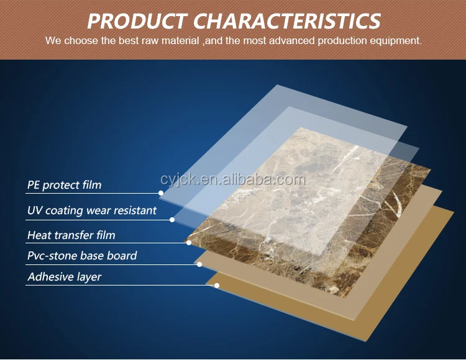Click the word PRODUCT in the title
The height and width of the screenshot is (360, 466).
[136, 20]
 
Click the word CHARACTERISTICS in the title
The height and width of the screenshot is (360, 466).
[286, 20]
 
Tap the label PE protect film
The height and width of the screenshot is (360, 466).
[64, 184]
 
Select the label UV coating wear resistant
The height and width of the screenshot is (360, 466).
[92, 210]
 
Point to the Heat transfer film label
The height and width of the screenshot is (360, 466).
[71, 235]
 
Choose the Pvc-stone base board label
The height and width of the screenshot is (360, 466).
[82, 256]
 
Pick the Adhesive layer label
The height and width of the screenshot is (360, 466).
[64, 277]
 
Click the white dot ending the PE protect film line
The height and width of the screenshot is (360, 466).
[161, 193]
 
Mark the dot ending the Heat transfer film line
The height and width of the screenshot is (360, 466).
[188, 242]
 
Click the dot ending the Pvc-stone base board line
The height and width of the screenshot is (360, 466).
[200, 264]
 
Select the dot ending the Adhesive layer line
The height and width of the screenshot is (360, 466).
[216, 286]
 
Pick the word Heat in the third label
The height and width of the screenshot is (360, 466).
[39, 235]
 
